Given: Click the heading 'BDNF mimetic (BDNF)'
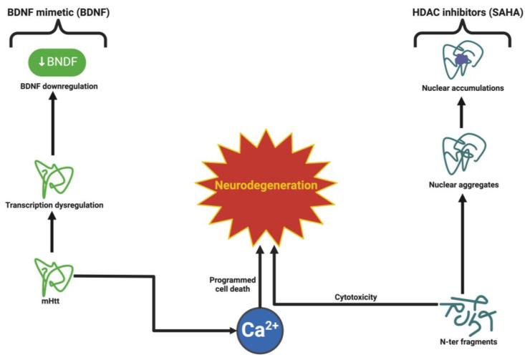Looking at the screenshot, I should point(54,11).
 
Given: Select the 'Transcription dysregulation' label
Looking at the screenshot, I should point(54,205).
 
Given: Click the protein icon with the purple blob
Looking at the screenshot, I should point(461,61).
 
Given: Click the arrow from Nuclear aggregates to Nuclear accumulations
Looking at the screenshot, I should point(461,113).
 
